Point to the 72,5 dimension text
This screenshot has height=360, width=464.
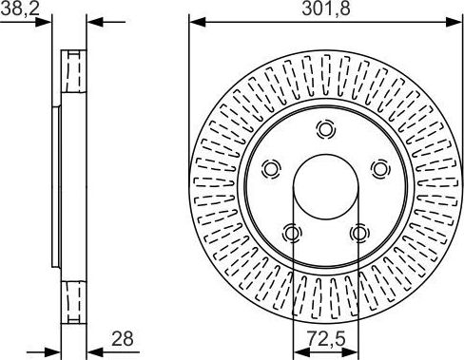point(325,337)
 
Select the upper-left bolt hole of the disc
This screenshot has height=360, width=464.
point(271,169)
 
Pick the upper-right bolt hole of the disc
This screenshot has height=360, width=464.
point(380,169)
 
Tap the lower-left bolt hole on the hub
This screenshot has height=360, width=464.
point(293,233)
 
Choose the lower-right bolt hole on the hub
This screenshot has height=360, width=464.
point(358,233)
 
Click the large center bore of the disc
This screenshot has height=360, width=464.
point(326,186)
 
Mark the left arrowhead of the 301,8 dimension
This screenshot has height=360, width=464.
point(195,21)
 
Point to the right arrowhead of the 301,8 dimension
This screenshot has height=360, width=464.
point(455,21)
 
